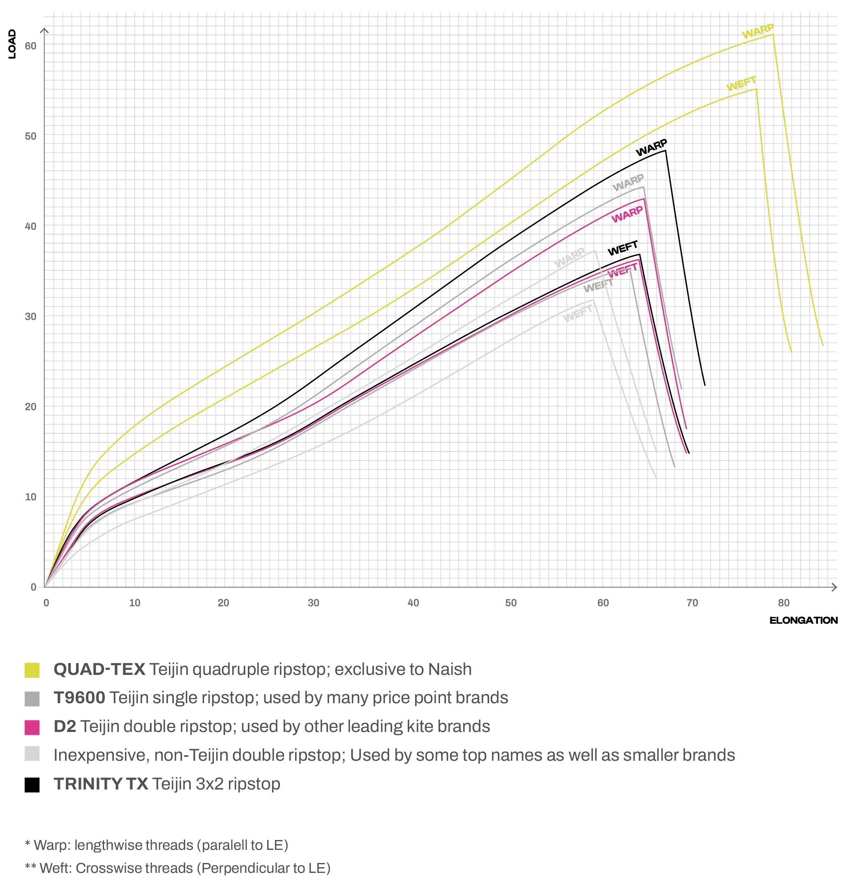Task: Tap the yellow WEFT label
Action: [x=741, y=83]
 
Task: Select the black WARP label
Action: [x=651, y=147]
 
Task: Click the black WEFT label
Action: [x=623, y=248]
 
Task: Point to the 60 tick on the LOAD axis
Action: [x=30, y=46]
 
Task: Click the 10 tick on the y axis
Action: [x=30, y=497]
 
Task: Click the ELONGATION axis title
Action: [x=803, y=620]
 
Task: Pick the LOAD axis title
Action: [x=12, y=44]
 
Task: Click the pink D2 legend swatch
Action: [x=32, y=727]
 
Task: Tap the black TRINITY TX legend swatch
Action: [x=32, y=785]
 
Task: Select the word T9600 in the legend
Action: [x=79, y=698]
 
